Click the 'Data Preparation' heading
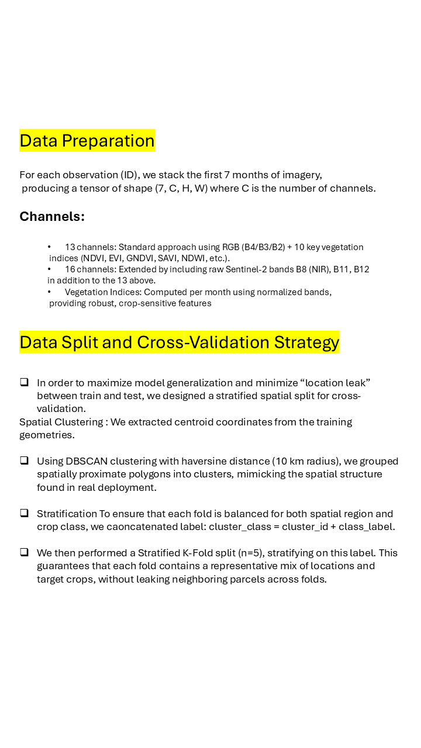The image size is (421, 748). pos(87,141)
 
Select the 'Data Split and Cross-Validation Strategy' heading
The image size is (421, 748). pos(180,342)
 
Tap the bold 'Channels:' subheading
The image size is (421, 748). pos(52,217)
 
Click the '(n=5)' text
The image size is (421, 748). pos(248,553)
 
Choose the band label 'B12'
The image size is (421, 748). pos(361,269)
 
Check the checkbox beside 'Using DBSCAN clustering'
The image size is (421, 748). pos(25,460)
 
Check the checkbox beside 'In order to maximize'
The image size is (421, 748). pos(25,382)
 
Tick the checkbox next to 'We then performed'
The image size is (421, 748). pos(25,552)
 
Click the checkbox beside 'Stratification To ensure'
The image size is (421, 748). pos(25,513)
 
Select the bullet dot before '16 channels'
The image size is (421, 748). pos(50,269)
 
